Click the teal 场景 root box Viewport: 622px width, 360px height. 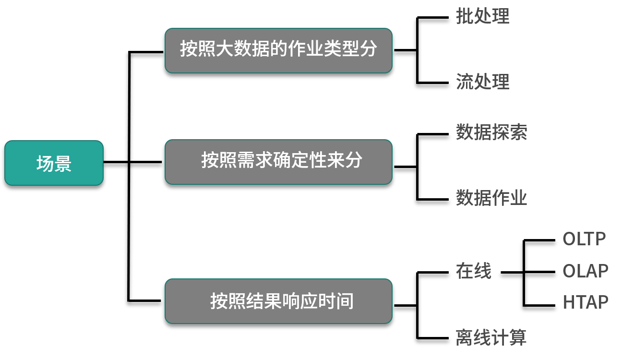[54, 163]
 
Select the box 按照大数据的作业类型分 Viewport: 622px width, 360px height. [278, 50]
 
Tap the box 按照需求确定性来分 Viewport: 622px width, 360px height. [278, 162]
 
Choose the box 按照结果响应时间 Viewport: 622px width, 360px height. [278, 301]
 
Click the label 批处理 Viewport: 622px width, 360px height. [482, 16]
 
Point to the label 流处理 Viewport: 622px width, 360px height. [482, 82]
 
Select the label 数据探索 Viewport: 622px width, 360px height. [491, 132]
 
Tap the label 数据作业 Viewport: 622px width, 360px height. [491, 197]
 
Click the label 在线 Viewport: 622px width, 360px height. [473, 271]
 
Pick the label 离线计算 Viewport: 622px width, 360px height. [491, 337]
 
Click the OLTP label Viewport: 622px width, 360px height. [584, 239]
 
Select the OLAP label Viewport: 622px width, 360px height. [585, 271]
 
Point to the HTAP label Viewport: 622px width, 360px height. [585, 302]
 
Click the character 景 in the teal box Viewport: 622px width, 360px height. [63, 164]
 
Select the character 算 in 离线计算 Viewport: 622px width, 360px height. [518, 337]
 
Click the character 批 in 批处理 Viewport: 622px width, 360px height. [464, 16]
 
